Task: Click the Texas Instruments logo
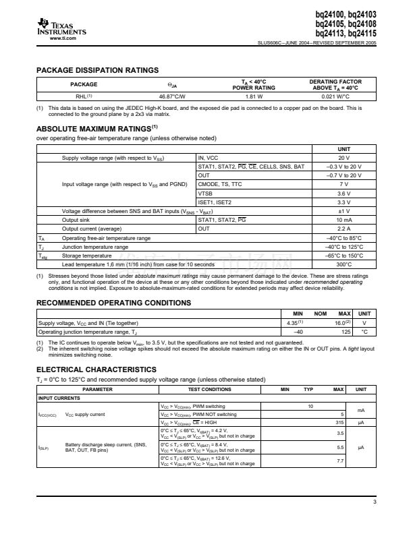(x=61, y=28)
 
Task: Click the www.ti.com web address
(x=61, y=38)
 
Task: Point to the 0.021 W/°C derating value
(x=335, y=96)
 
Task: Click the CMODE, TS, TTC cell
(x=221, y=183)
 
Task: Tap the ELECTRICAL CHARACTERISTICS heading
(x=96, y=369)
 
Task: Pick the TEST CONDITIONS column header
(x=209, y=389)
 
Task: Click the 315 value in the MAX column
(x=340, y=422)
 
